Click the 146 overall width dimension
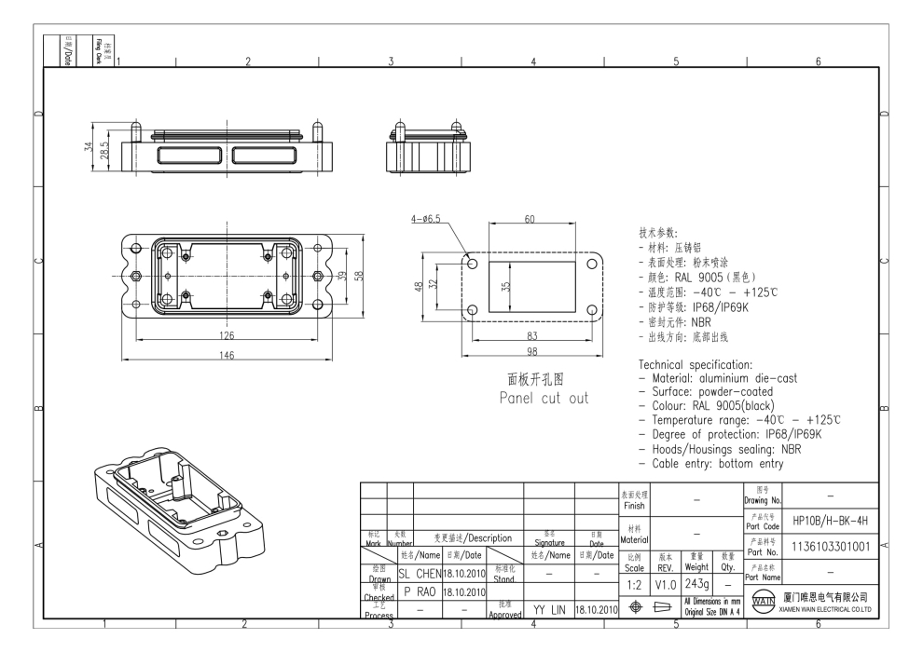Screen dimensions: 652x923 pos(227,354)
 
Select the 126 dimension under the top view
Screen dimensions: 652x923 pos(227,335)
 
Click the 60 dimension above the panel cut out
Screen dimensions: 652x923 pos(530,220)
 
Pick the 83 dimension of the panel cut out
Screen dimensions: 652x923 pos(531,334)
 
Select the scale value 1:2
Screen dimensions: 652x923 pos(634,583)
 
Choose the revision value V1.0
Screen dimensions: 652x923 pos(666,583)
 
